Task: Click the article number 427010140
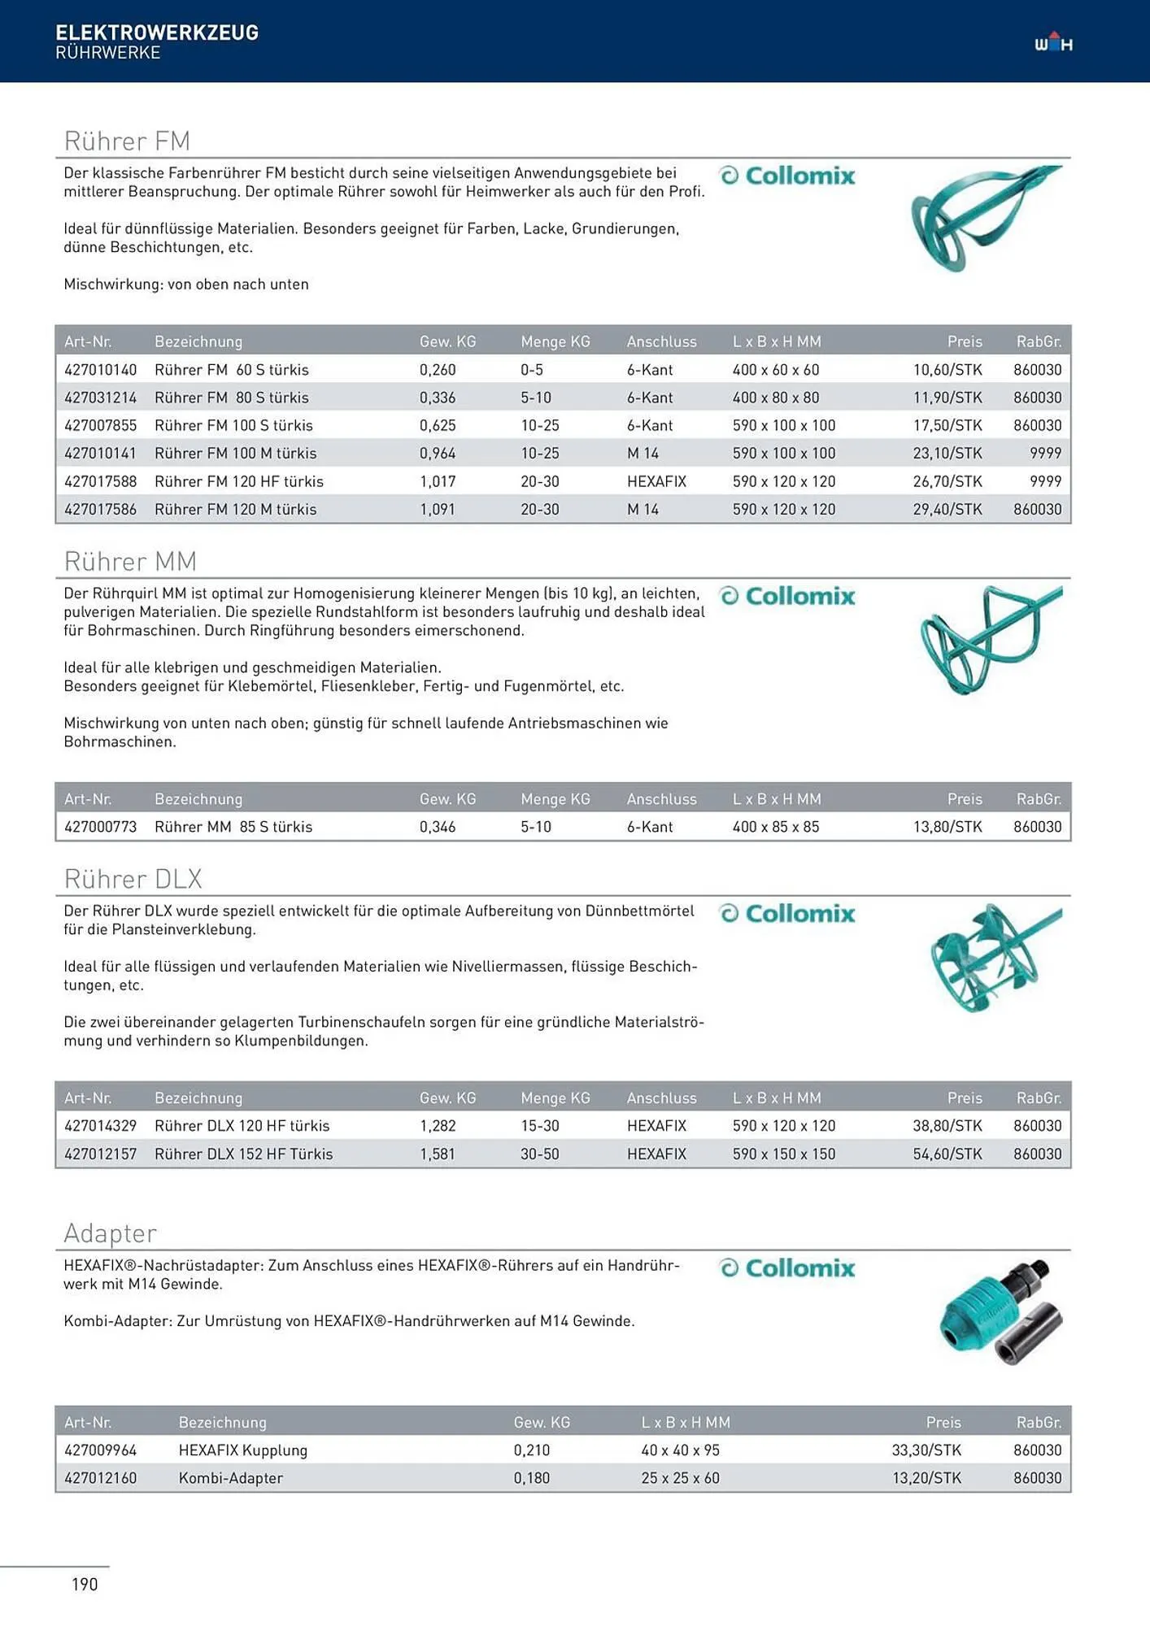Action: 101,370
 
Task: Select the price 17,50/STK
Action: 947,425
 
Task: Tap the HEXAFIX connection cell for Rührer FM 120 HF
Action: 656,481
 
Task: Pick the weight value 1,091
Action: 438,510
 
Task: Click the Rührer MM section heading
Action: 130,561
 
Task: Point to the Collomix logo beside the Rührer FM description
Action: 787,176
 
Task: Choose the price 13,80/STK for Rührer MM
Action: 947,827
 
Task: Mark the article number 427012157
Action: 101,1154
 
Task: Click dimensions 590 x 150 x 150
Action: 783,1154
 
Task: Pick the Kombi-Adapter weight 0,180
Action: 531,1478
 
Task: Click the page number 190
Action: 85,1584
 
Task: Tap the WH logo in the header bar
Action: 1053,43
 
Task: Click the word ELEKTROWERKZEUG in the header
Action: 157,33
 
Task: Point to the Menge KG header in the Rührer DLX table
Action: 555,1098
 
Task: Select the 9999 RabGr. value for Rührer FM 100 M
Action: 1045,453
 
